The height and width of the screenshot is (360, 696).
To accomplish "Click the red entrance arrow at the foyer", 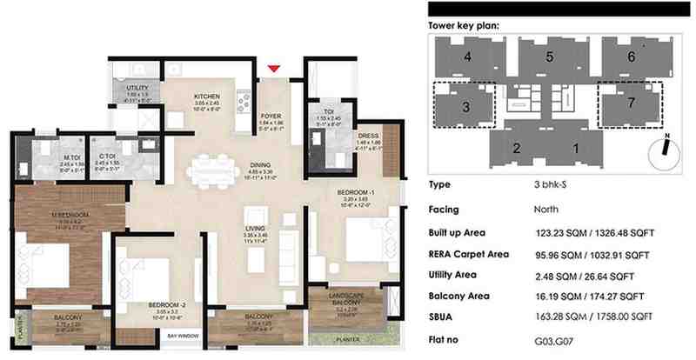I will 275,69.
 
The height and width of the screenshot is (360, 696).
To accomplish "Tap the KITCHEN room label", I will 207,97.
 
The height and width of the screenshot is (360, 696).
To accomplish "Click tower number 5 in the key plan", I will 549,57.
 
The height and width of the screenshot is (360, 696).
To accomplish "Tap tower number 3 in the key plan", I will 466,107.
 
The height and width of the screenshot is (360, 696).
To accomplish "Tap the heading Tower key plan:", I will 465,26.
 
